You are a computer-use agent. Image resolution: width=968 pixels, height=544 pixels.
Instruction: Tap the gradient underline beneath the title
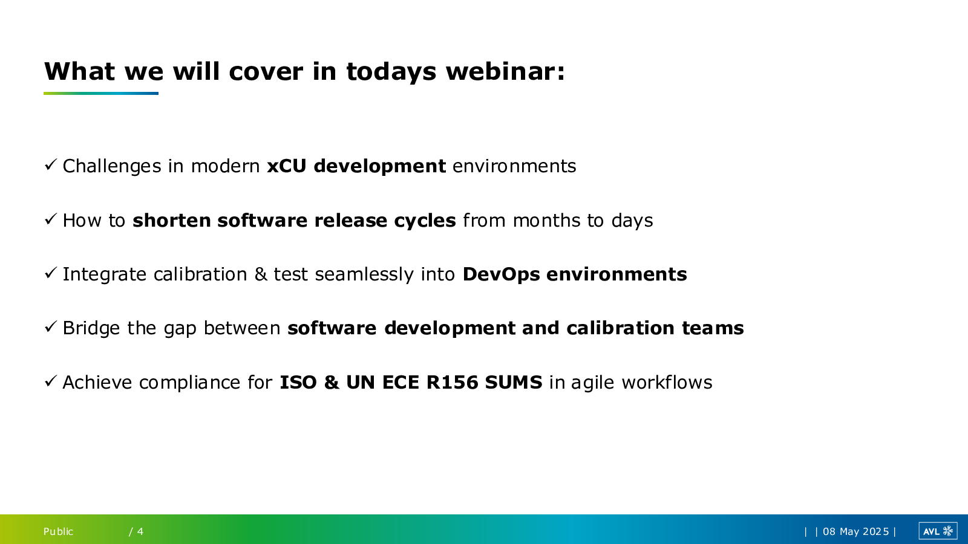[101, 93]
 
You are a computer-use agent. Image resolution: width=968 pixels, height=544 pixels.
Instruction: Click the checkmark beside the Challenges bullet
[51, 164]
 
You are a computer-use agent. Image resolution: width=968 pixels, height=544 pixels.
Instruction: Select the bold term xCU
[287, 166]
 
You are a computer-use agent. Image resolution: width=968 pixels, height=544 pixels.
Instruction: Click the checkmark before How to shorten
[51, 219]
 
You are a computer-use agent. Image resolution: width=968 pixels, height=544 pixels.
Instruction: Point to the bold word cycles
[425, 221]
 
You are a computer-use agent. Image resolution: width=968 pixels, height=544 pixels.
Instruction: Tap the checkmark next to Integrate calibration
[51, 273]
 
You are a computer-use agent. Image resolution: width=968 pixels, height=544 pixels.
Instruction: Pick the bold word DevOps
[501, 274]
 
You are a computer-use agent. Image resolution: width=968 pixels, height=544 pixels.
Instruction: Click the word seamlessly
[364, 274]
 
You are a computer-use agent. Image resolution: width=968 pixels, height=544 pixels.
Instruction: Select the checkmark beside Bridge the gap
[51, 326]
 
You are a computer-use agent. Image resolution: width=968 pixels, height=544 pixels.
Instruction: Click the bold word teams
[713, 328]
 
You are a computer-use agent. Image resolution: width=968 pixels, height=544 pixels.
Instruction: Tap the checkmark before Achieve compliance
[51, 381]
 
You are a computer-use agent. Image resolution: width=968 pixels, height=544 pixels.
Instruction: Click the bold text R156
[452, 383]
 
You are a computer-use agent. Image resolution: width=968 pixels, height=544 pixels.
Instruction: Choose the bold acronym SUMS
[514, 383]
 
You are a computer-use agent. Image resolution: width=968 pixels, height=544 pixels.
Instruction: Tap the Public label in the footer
[58, 531]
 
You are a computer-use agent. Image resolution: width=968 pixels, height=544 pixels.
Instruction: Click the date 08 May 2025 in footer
[855, 531]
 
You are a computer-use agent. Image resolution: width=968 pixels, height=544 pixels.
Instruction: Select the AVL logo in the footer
[938, 531]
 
